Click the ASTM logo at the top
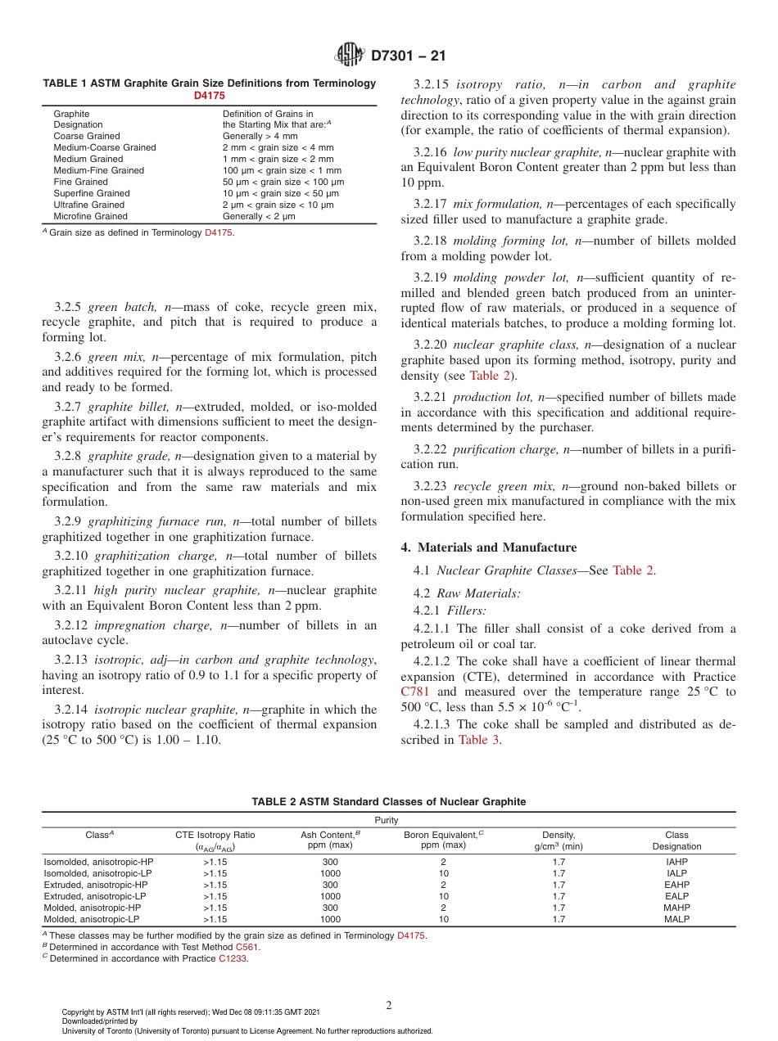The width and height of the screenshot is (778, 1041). (350, 56)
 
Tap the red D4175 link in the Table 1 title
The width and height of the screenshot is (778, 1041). (209, 95)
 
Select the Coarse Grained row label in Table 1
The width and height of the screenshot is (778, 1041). (87, 136)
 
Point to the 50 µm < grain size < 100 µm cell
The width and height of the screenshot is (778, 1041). (283, 182)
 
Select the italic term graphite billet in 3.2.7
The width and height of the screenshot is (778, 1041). (121, 407)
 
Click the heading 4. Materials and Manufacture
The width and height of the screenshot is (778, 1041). (488, 548)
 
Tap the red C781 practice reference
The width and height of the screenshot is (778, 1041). (415, 692)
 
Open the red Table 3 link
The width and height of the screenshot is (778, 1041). (478, 739)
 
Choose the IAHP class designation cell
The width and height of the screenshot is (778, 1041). (676, 862)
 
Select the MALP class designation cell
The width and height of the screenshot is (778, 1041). (676, 919)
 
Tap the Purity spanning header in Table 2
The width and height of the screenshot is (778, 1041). (387, 819)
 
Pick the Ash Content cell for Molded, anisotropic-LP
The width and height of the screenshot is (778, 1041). (330, 919)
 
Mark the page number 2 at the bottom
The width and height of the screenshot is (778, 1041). (389, 1006)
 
